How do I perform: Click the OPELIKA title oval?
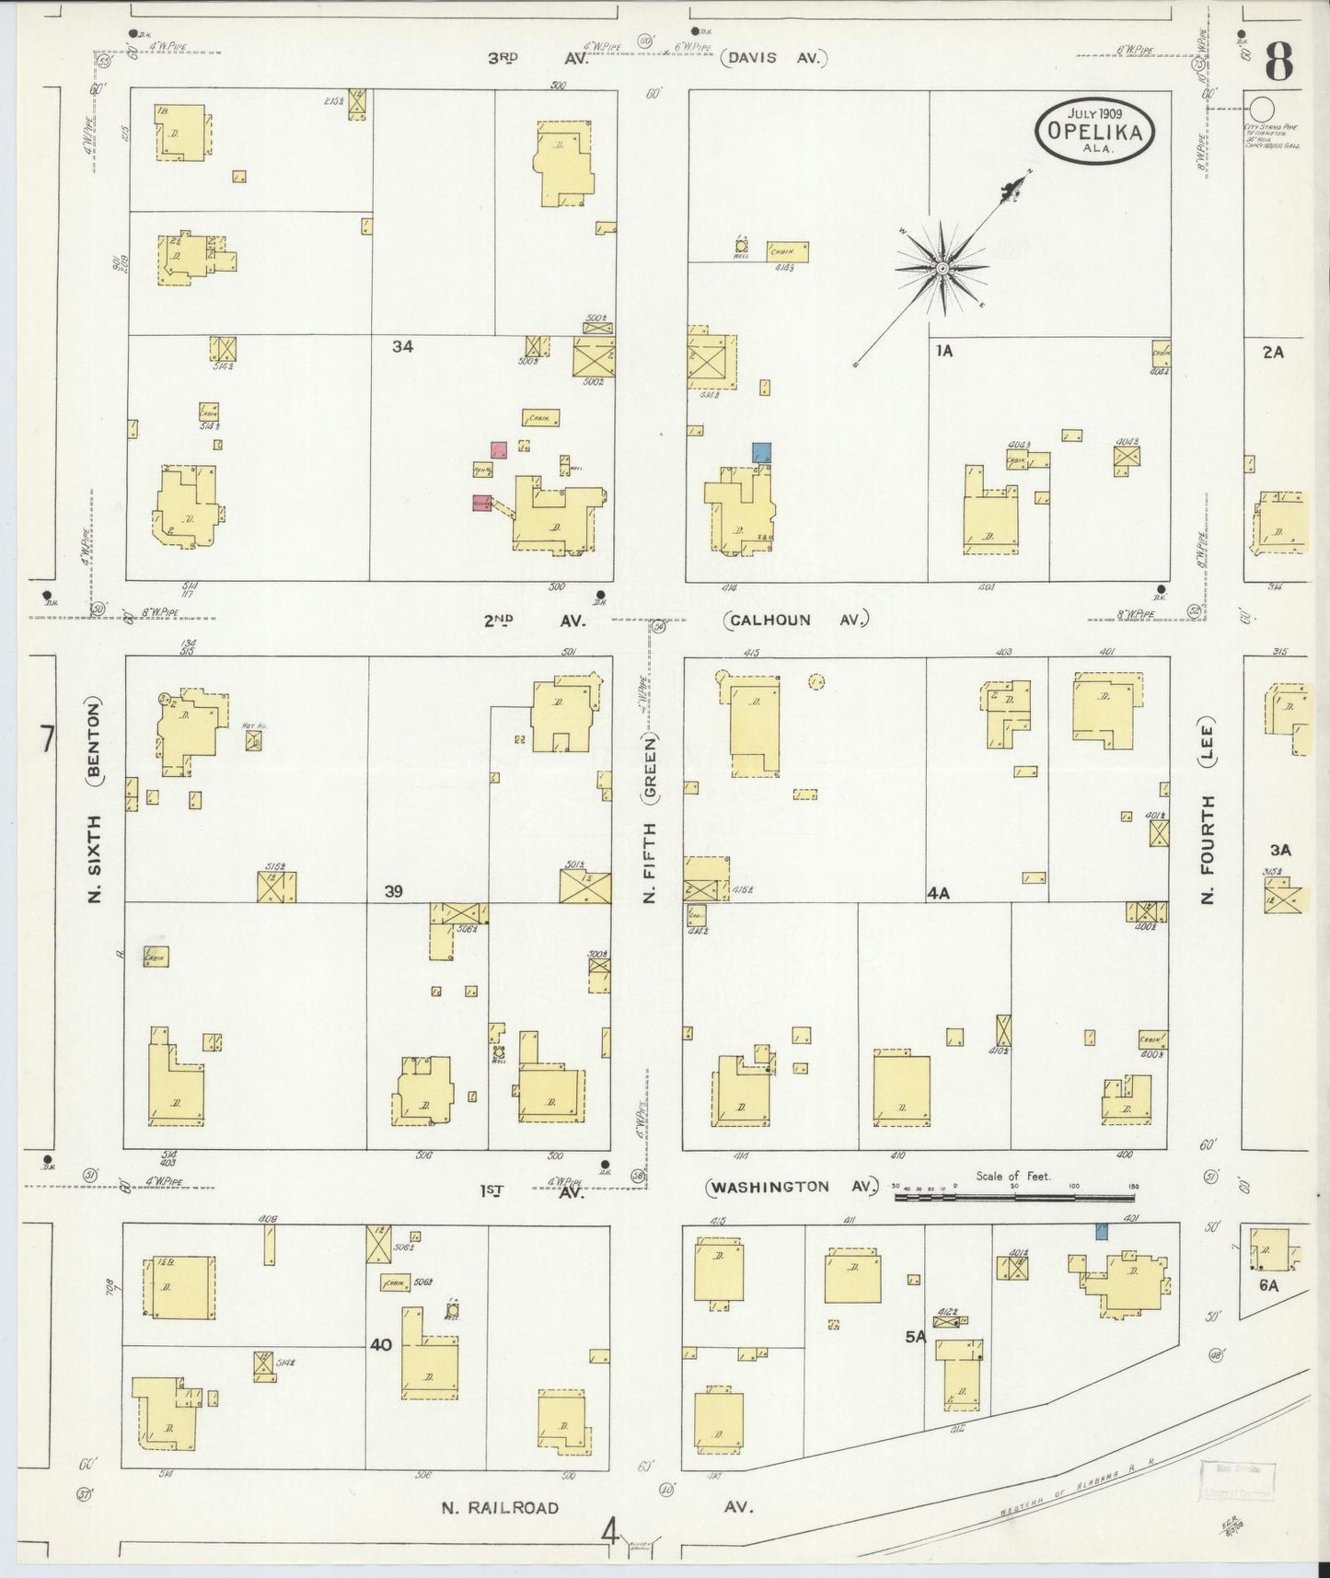tap(1093, 131)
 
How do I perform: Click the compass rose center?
tap(943, 268)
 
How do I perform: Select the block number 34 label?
tap(402, 346)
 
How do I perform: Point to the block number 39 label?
tap(394, 891)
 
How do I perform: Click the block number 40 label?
tap(381, 1345)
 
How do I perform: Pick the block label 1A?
tap(943, 351)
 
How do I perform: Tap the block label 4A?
tap(938, 892)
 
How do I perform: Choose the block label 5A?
tap(914, 1337)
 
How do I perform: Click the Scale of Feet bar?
tap(1014, 1198)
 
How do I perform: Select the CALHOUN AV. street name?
tap(796, 620)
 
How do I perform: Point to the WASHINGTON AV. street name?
tap(791, 1188)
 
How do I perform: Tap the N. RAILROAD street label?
tap(499, 1507)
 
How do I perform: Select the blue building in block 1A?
tap(761, 453)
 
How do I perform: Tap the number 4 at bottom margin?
tap(609, 1534)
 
